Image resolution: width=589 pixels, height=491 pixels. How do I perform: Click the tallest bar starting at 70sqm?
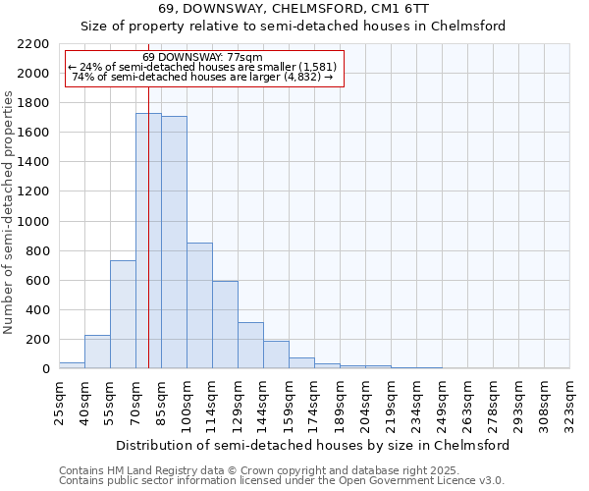[148, 241]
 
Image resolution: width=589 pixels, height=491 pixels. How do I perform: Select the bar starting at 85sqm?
[174, 243]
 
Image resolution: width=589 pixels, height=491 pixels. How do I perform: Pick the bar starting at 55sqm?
[123, 314]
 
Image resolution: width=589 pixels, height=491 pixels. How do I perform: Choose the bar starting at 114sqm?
[225, 325]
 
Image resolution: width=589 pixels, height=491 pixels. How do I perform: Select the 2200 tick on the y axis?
[35, 44]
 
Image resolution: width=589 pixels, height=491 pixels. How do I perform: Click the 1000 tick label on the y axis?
[35, 222]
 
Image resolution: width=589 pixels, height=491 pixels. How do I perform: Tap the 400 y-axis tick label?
[39, 310]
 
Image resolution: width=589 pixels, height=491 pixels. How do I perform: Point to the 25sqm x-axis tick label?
[59, 401]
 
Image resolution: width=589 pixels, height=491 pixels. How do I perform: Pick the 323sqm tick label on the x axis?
[569, 401]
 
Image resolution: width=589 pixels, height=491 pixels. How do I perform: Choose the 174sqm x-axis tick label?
[314, 401]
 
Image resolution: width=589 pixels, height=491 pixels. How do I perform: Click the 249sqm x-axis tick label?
[442, 401]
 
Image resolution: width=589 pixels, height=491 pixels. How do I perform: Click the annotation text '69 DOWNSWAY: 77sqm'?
[202, 58]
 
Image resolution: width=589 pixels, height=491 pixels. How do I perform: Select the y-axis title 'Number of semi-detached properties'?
[10, 212]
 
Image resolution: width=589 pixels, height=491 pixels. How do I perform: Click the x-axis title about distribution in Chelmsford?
[314, 445]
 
